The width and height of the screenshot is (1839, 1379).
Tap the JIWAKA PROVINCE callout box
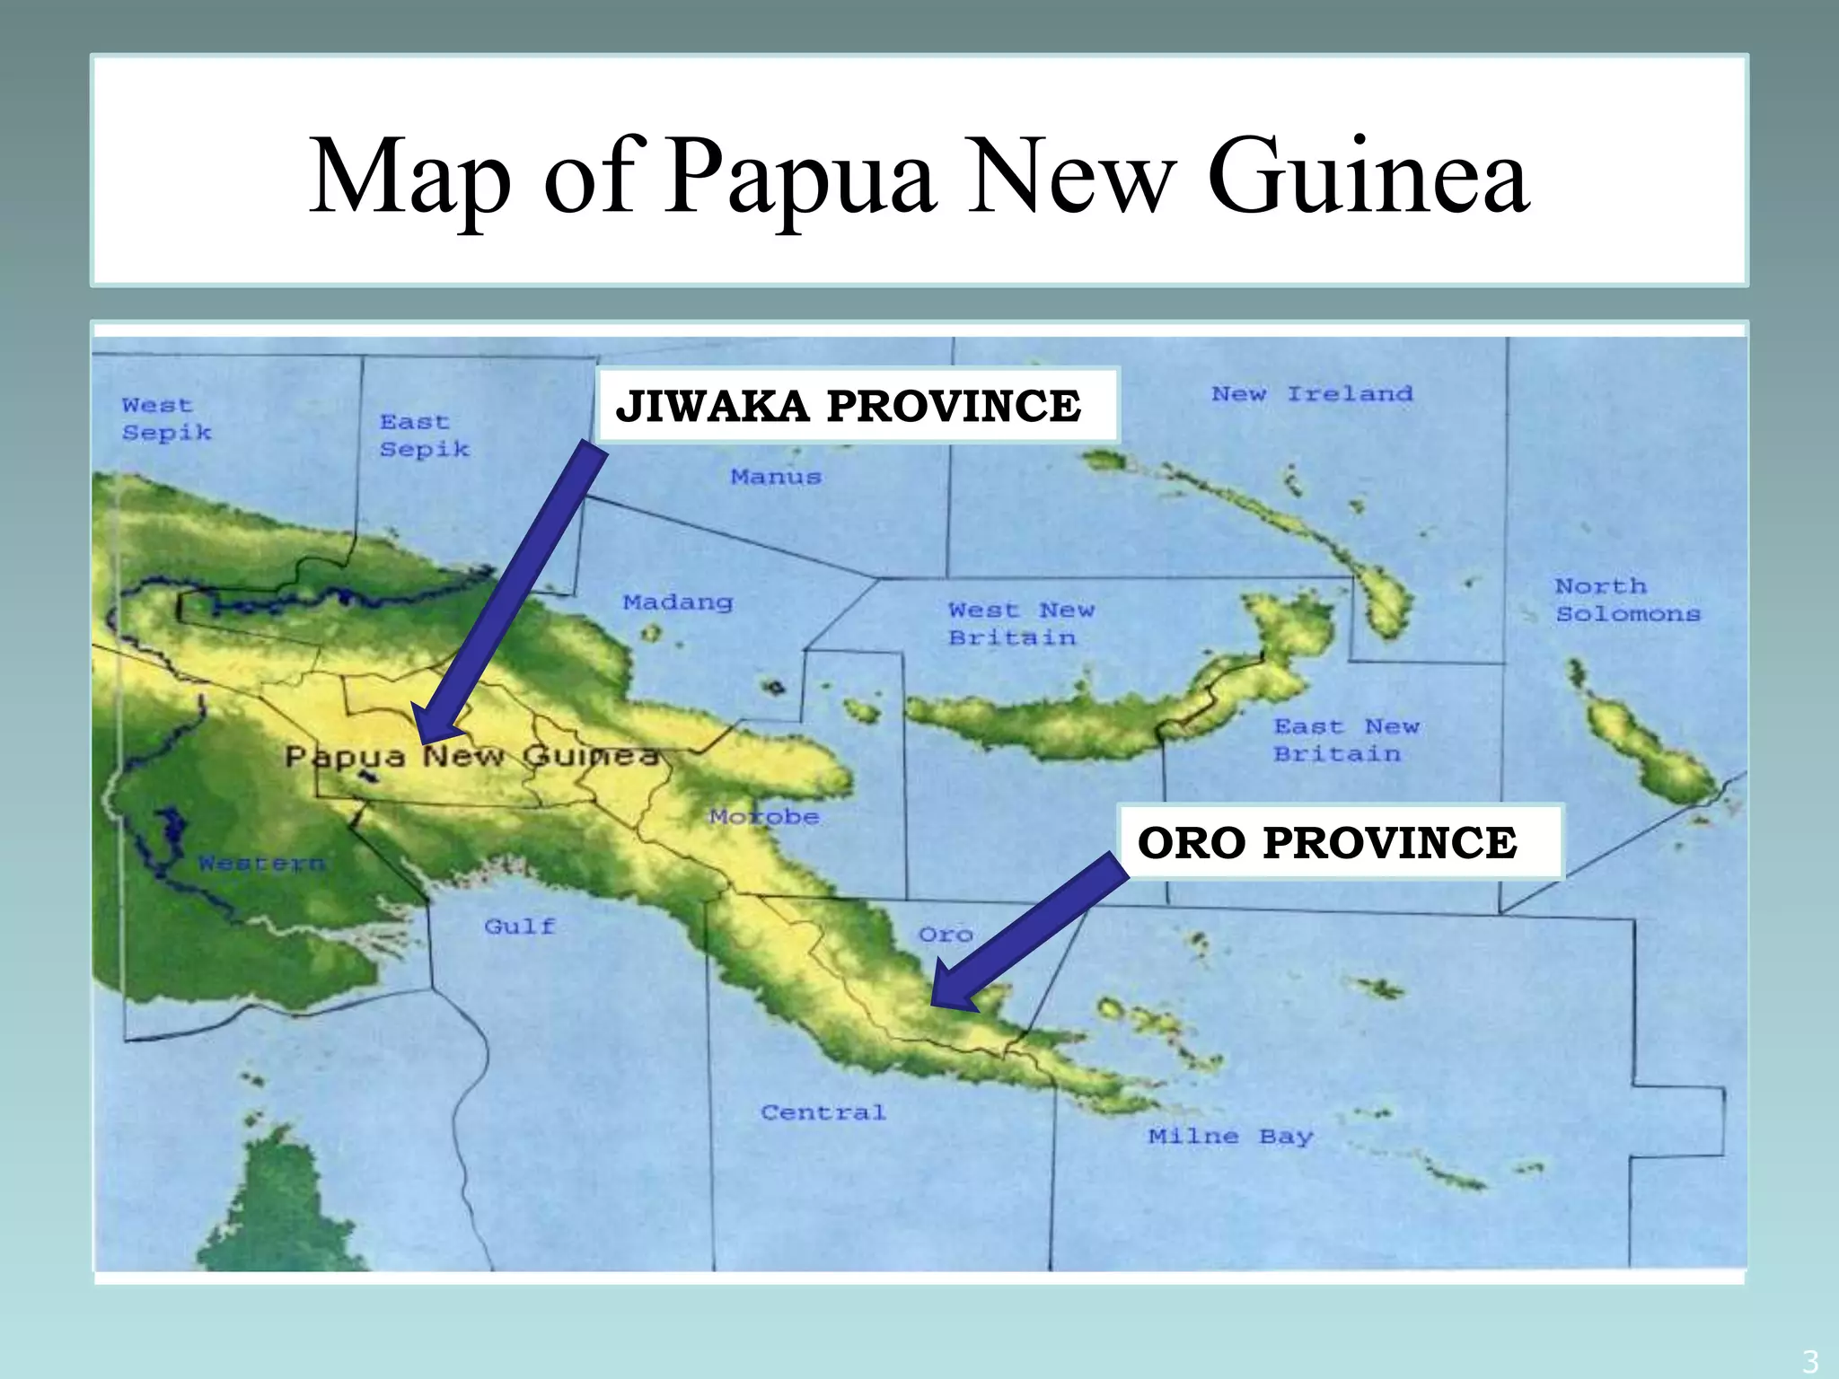click(858, 406)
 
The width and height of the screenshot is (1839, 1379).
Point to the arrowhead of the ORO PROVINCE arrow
click(936, 1001)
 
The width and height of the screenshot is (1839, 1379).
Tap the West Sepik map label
click(166, 419)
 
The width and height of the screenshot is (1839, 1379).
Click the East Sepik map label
click(423, 435)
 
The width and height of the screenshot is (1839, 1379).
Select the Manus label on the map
click(776, 477)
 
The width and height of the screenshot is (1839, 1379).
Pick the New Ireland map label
click(1311, 394)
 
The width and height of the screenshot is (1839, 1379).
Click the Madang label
click(678, 602)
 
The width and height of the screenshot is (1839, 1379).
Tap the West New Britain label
click(1021, 624)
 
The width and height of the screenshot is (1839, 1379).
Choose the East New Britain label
click(1345, 740)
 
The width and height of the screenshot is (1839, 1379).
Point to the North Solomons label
click(1627, 600)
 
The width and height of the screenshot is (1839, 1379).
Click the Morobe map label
click(763, 817)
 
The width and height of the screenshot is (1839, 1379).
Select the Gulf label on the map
click(520, 926)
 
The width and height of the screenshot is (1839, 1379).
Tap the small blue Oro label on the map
click(946, 935)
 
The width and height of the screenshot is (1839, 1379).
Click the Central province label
click(823, 1112)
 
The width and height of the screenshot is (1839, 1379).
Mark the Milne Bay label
click(1230, 1137)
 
